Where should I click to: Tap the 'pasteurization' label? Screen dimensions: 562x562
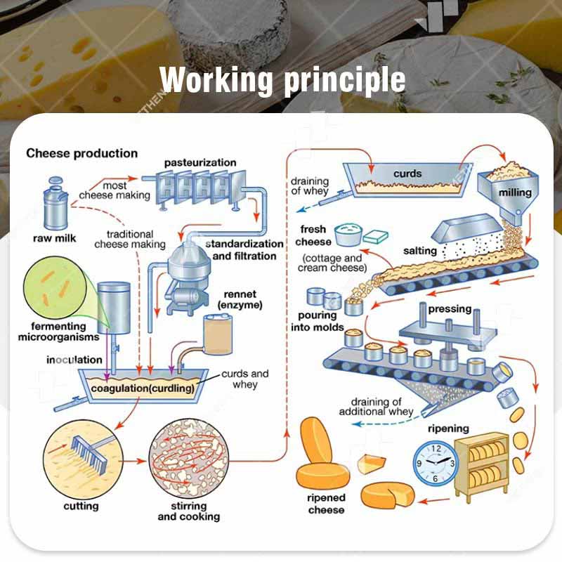click(x=200, y=163)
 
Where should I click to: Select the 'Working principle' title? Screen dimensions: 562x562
click(x=282, y=80)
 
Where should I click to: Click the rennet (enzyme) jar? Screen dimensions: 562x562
click(x=218, y=334)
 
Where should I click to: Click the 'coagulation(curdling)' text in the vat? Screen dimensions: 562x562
click(x=143, y=387)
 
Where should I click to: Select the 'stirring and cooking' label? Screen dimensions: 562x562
click(x=188, y=511)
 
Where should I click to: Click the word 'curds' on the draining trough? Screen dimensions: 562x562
click(x=407, y=174)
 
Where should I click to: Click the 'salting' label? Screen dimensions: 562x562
click(x=420, y=251)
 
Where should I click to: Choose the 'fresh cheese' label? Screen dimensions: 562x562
click(x=313, y=235)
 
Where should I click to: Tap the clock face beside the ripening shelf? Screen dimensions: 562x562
click(x=435, y=462)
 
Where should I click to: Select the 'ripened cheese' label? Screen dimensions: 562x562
click(x=327, y=503)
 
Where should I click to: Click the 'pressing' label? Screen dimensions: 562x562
click(x=450, y=309)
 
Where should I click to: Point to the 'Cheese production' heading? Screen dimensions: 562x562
click(x=82, y=153)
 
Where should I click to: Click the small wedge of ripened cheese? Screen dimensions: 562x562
click(x=372, y=463)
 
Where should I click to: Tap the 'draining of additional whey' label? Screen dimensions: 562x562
click(x=376, y=406)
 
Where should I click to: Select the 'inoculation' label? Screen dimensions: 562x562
click(x=74, y=360)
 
